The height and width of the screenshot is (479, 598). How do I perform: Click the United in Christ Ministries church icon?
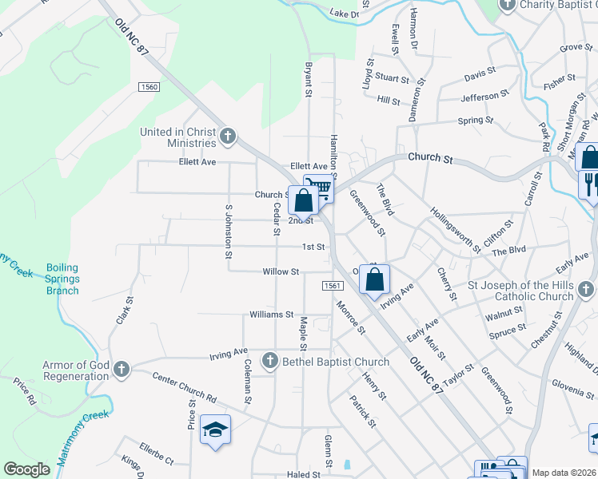pyautogui.click(x=228, y=137)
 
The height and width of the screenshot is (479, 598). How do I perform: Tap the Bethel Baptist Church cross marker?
pyautogui.click(x=269, y=361)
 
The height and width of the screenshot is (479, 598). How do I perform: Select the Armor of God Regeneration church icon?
pyautogui.click(x=121, y=369)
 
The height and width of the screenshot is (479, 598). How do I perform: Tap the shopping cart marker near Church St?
pyautogui.click(x=318, y=188)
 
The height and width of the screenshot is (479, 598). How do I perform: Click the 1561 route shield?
pyautogui.click(x=333, y=286)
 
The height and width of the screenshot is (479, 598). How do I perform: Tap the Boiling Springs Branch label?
pyautogui.click(x=62, y=279)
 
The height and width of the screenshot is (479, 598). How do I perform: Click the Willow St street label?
pyautogui.click(x=281, y=271)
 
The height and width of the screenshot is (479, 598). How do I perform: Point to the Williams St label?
pyautogui.click(x=272, y=315)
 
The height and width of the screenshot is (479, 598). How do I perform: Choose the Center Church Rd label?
pyautogui.click(x=184, y=386)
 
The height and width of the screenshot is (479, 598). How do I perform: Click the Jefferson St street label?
pyautogui.click(x=484, y=97)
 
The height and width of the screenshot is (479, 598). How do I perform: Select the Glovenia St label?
pyautogui.click(x=572, y=389)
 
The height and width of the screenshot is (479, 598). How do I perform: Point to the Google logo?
pyautogui.click(x=26, y=469)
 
